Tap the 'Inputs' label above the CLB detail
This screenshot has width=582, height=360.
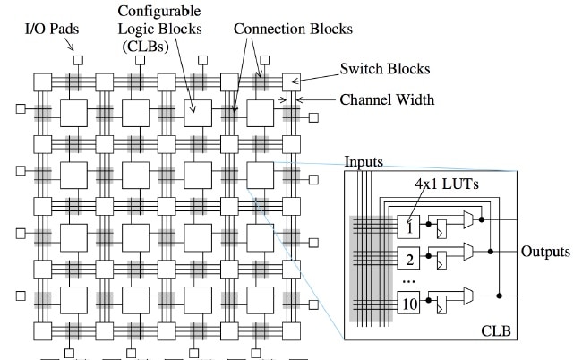point(364,161)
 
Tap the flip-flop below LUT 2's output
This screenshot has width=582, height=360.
point(441,263)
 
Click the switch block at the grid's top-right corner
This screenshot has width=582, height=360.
point(290,81)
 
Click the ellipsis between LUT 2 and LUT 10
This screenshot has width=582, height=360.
point(409,281)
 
